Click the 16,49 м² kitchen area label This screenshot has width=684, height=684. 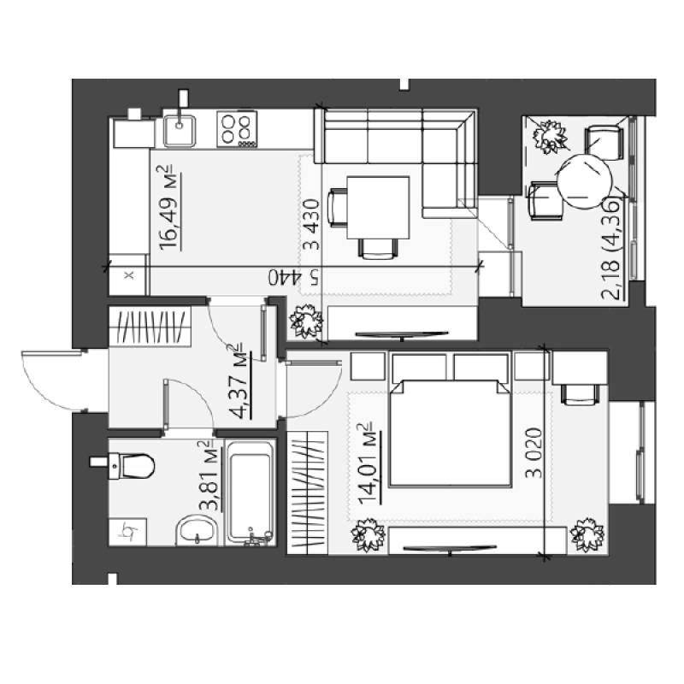coord(170,208)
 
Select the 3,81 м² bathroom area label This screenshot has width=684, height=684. coord(209,475)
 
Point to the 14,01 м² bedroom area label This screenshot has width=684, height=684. coord(369,463)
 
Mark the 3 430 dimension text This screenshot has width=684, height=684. coord(311,224)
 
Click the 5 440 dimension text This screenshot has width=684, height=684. coord(293,277)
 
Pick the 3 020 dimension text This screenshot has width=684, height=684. coord(534,453)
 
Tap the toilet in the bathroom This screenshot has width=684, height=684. coord(130,466)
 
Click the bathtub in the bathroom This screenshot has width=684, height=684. coord(250,493)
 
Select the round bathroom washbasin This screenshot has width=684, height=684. coord(198,530)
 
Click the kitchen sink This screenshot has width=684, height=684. coord(180,130)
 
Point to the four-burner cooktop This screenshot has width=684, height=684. coord(237,129)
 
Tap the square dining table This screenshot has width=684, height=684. coord(378,208)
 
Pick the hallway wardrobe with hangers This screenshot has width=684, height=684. coord(150,327)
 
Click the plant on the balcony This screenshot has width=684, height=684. coord(550,137)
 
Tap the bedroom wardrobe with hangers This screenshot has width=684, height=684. coord(307,492)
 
